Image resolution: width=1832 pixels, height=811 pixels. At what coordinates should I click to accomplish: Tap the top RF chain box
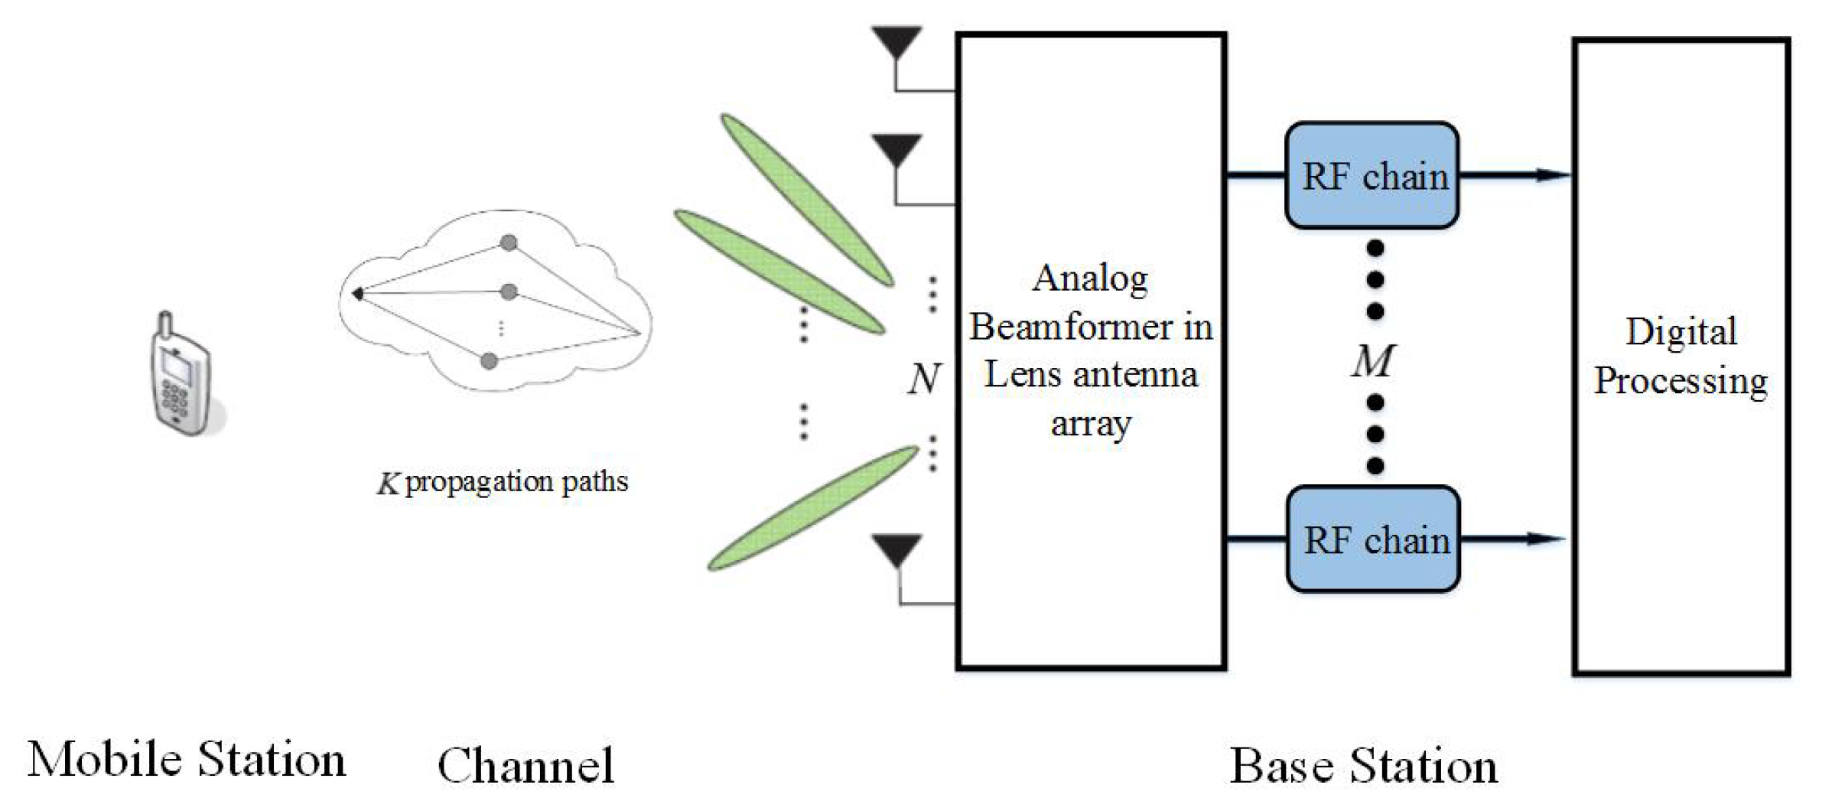(1372, 176)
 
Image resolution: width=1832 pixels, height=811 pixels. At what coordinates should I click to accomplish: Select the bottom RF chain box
(1374, 539)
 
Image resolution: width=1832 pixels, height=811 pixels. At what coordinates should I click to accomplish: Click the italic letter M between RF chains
(1373, 360)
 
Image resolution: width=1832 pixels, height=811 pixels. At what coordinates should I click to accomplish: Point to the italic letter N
(923, 378)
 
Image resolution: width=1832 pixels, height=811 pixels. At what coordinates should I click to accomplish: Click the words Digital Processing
(1681, 357)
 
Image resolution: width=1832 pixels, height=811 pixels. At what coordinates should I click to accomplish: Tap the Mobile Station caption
(187, 760)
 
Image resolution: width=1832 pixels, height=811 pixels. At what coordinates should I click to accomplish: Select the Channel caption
(526, 765)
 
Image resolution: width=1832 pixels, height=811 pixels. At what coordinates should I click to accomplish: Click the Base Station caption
(1364, 765)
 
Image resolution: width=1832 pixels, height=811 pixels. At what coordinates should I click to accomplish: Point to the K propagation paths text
(503, 482)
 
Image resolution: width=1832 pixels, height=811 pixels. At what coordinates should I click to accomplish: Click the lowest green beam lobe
(813, 508)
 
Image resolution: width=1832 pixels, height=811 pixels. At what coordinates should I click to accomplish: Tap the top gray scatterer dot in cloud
(508, 243)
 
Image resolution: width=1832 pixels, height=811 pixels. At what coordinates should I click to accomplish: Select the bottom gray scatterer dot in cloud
(489, 361)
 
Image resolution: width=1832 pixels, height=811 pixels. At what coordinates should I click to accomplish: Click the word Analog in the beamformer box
(1090, 278)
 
